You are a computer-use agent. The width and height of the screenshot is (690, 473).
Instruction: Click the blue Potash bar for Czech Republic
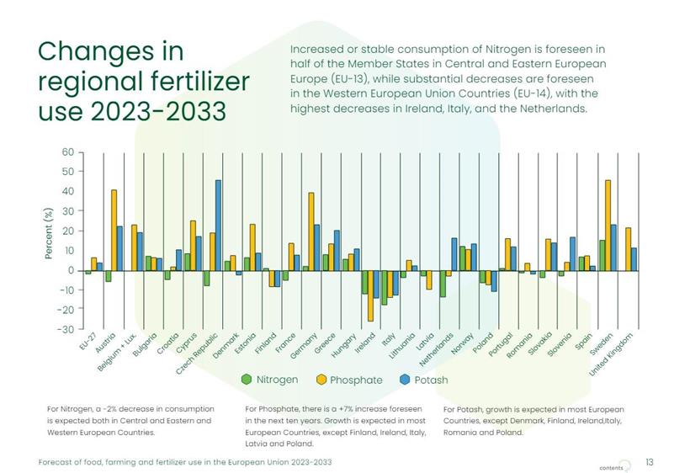click(218, 225)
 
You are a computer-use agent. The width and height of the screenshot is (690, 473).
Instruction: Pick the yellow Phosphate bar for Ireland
click(370, 295)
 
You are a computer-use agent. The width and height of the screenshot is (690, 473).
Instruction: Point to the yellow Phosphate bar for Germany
click(310, 231)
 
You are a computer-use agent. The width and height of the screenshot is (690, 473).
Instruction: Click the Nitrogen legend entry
click(269, 380)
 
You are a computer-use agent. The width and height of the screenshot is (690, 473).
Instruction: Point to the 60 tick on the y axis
click(66, 152)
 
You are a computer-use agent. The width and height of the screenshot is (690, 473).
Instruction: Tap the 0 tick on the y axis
click(71, 270)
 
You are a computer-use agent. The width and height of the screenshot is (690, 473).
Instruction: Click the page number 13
click(649, 462)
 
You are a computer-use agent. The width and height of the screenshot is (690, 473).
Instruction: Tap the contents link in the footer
click(611, 466)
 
